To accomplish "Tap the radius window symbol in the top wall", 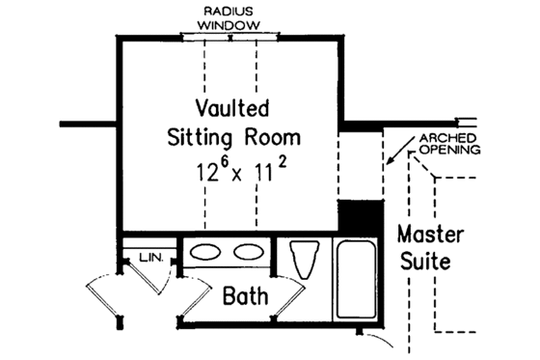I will click(231, 37).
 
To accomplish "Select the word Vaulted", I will click(231, 106).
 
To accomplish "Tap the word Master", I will click(431, 235).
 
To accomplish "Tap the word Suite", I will click(424, 262).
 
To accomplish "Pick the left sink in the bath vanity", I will click(204, 253).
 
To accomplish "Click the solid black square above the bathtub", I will click(358, 215).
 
